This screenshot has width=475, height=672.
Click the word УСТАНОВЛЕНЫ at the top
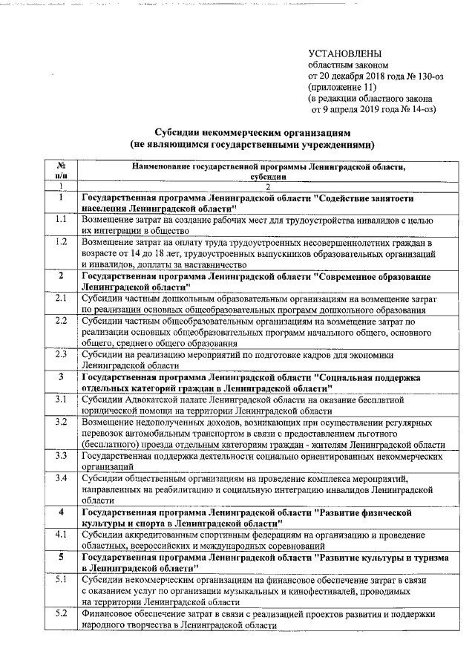(346, 53)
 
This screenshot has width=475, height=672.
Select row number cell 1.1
(62, 221)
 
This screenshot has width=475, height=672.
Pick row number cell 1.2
(62, 242)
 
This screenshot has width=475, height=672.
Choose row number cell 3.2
(62, 422)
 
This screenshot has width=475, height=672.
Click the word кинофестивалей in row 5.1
(291, 590)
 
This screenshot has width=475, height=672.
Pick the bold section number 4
(62, 512)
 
